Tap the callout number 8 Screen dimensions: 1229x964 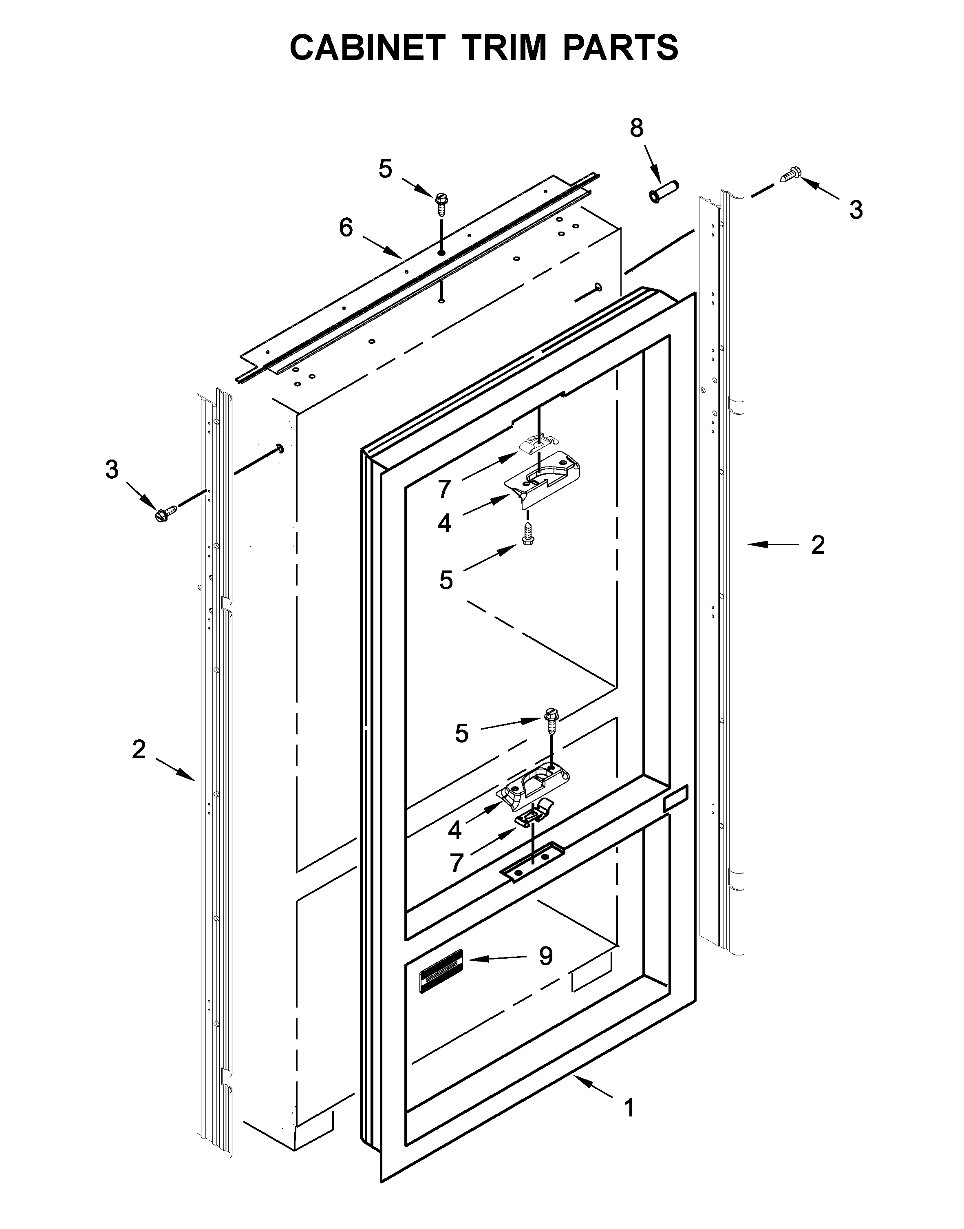(636, 129)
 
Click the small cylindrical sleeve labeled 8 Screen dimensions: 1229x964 (664, 192)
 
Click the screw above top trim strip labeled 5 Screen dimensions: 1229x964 (441, 204)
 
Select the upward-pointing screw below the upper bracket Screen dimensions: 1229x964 (528, 533)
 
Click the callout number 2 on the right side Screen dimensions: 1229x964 (818, 545)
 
